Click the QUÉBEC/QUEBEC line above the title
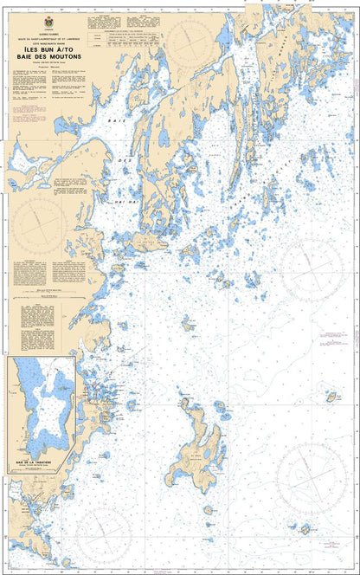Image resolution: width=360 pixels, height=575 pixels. pyautogui.click(x=46, y=28)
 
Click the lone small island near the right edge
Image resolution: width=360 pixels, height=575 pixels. pyautogui.click(x=331, y=397)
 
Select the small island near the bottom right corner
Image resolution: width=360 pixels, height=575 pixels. pyautogui.click(x=305, y=528)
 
